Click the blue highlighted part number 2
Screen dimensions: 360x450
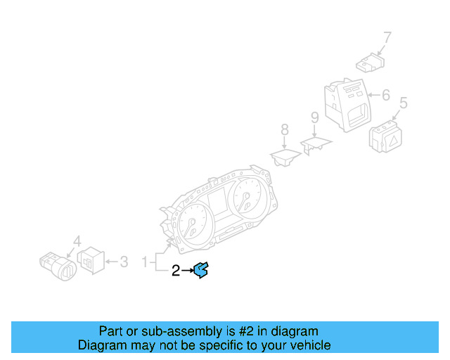tap(200, 269)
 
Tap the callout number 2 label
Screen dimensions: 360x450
tap(176, 269)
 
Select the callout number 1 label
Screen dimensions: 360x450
tap(145, 262)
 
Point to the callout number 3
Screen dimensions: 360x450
tap(124, 262)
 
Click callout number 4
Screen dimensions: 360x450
tap(77, 240)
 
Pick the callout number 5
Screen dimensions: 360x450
tap(403, 103)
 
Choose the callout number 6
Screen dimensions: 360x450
tap(385, 94)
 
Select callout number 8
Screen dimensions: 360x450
tap(284, 129)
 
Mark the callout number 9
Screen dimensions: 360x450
tap(315, 117)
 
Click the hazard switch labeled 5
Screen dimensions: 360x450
tap(385, 136)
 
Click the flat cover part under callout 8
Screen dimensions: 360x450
tap(285, 157)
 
